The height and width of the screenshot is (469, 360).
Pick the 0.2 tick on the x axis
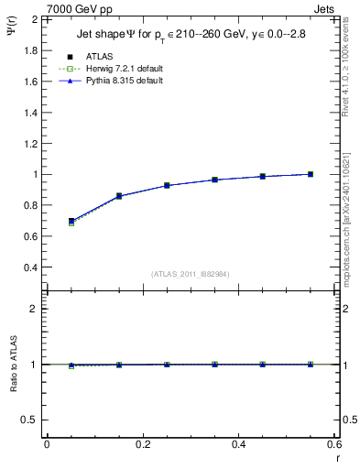click(x=142, y=443)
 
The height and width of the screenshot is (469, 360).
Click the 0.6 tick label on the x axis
click(x=334, y=443)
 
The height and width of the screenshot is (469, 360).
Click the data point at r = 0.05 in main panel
click(x=71, y=221)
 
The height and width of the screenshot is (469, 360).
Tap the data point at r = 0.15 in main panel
click(x=119, y=196)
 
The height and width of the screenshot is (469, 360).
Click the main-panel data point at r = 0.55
click(x=311, y=174)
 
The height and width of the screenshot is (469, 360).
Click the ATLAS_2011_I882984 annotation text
click(x=189, y=274)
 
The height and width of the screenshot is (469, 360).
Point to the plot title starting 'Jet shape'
click(x=191, y=36)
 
